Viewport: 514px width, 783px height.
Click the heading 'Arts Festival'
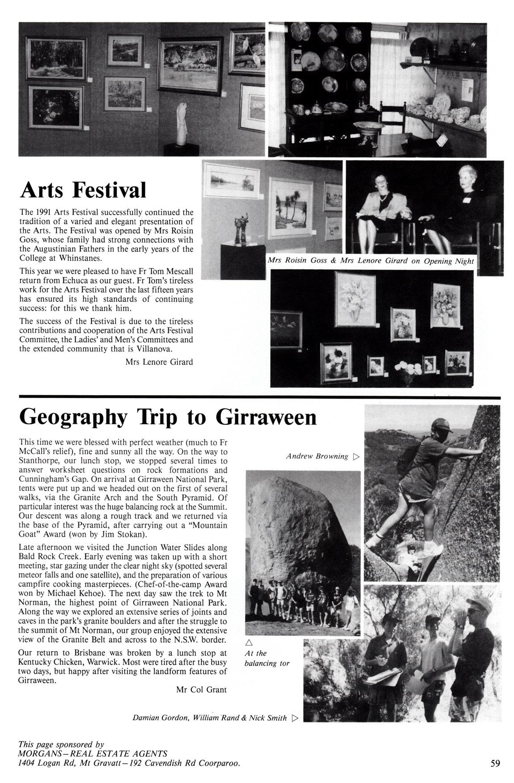[x=83, y=190]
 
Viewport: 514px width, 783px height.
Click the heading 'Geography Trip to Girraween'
[x=168, y=417]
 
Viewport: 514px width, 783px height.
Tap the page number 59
[x=495, y=763]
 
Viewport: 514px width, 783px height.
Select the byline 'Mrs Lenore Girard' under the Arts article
[x=159, y=362]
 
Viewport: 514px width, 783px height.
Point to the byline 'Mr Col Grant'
[x=201, y=690]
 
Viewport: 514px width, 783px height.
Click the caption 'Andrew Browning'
[x=317, y=456]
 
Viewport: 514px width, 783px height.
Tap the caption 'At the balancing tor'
[x=267, y=658]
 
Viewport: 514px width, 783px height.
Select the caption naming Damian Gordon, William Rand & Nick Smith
[x=210, y=718]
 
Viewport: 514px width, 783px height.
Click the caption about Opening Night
[x=370, y=261]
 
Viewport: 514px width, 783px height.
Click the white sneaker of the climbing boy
[x=430, y=548]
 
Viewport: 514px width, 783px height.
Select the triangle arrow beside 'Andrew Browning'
[x=356, y=457]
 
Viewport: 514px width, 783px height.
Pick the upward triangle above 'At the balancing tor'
[x=249, y=643]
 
